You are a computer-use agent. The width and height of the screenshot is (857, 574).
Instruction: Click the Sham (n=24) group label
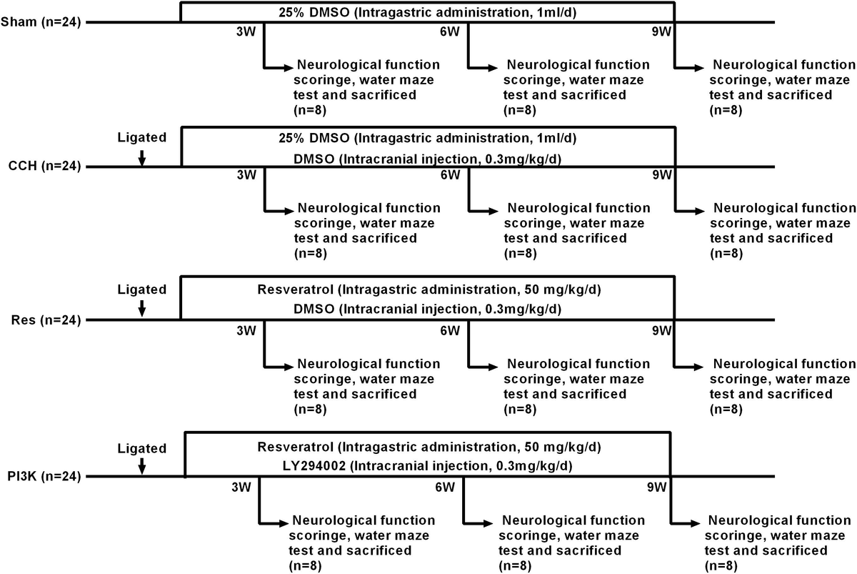click(41, 22)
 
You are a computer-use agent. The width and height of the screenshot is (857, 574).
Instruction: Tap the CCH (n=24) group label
click(44, 166)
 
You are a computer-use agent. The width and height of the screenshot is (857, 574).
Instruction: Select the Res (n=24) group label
click(46, 320)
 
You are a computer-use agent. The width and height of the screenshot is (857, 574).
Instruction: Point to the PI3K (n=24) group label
click(44, 476)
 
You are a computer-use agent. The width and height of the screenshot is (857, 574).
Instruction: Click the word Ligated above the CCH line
click(142, 137)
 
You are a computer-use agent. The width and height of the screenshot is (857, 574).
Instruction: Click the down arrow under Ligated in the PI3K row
click(142, 466)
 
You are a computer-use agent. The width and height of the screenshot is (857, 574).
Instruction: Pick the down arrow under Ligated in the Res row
click(142, 308)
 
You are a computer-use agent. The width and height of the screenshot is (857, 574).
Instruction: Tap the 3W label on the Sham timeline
click(246, 31)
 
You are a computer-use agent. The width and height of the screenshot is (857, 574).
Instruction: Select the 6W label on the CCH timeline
click(451, 175)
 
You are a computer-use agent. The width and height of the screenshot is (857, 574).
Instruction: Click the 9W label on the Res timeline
click(662, 330)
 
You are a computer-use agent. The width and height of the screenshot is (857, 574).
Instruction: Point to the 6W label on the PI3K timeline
click(446, 487)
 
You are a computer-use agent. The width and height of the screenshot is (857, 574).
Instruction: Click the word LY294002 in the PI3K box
click(314, 465)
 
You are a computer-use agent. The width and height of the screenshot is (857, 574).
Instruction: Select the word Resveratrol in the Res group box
click(296, 290)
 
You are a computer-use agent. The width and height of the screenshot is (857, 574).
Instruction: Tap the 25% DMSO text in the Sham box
click(314, 12)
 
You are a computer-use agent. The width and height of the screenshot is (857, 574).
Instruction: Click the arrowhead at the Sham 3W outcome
click(289, 68)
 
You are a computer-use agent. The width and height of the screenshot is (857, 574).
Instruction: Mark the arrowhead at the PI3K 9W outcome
click(695, 523)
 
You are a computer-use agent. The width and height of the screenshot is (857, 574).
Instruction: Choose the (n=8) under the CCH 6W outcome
click(521, 254)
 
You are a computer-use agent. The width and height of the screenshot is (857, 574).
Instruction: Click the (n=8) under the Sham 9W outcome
click(726, 110)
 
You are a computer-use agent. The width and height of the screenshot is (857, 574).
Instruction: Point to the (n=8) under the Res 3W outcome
click(310, 410)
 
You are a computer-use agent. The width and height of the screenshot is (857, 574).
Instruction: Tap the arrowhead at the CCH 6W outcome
click(493, 212)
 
